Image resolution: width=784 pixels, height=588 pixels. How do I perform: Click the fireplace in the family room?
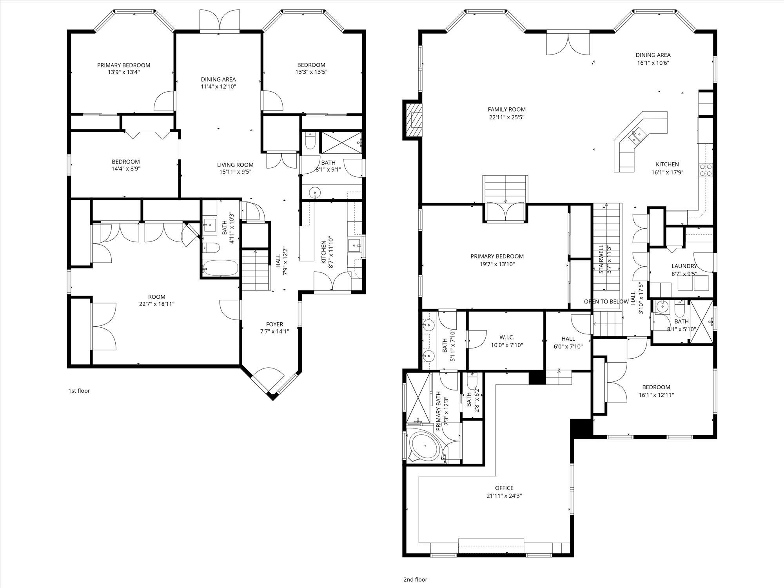point(413,120)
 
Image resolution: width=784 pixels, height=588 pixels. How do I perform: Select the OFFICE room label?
point(504,488)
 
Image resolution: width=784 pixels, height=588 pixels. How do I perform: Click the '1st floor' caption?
point(79,391)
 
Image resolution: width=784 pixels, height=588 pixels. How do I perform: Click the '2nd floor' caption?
point(415,579)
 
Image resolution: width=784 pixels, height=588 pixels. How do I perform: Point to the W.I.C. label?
point(506,338)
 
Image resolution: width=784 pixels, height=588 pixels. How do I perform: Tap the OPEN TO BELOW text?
point(606,302)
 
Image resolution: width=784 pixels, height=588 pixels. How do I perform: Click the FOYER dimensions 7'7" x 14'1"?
point(274,331)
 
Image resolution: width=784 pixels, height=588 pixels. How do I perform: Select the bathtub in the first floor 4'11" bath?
point(220,268)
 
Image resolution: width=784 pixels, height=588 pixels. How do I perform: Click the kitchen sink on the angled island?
point(635,136)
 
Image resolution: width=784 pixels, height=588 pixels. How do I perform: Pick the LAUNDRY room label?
point(684,266)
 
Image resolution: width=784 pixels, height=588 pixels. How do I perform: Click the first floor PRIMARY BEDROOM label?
point(123,65)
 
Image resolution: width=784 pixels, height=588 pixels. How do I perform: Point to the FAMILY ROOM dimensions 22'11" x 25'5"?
point(506,117)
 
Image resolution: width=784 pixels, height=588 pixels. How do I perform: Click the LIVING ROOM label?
point(235,165)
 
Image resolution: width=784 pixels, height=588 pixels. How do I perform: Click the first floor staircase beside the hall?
point(255,270)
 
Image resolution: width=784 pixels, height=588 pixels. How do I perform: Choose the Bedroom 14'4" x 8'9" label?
point(125,162)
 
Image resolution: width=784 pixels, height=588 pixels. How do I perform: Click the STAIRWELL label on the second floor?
point(601,259)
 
